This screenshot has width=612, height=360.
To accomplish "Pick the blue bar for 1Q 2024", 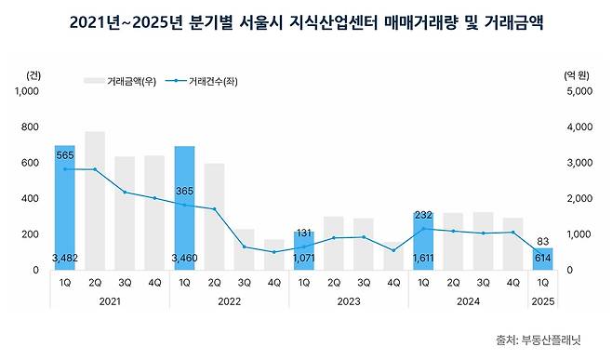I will click(424, 241).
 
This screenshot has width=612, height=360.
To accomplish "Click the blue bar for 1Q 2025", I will click(544, 259).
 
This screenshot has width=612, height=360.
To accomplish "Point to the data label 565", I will click(64, 156).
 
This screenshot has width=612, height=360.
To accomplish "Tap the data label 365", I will click(184, 192).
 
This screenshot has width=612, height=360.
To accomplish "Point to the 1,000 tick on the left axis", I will click(28, 91).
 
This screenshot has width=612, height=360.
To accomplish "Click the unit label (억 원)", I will click(577, 73).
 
